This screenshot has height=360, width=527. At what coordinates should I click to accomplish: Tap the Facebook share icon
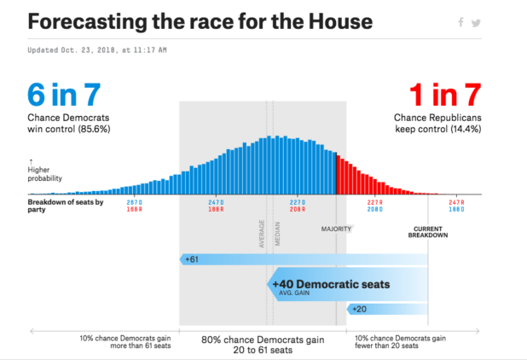[x=461, y=24]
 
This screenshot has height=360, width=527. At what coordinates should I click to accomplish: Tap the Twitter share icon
[x=476, y=24]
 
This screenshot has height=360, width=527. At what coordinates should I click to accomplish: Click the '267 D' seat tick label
[x=134, y=201]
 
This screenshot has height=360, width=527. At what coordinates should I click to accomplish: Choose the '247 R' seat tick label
[x=458, y=201]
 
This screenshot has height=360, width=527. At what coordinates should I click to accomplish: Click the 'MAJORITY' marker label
[x=336, y=229]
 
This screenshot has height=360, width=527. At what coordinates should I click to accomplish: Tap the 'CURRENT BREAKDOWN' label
[x=428, y=232]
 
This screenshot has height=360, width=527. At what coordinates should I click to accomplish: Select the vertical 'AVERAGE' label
[x=262, y=234]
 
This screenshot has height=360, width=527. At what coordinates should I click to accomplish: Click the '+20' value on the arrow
[x=359, y=308]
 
